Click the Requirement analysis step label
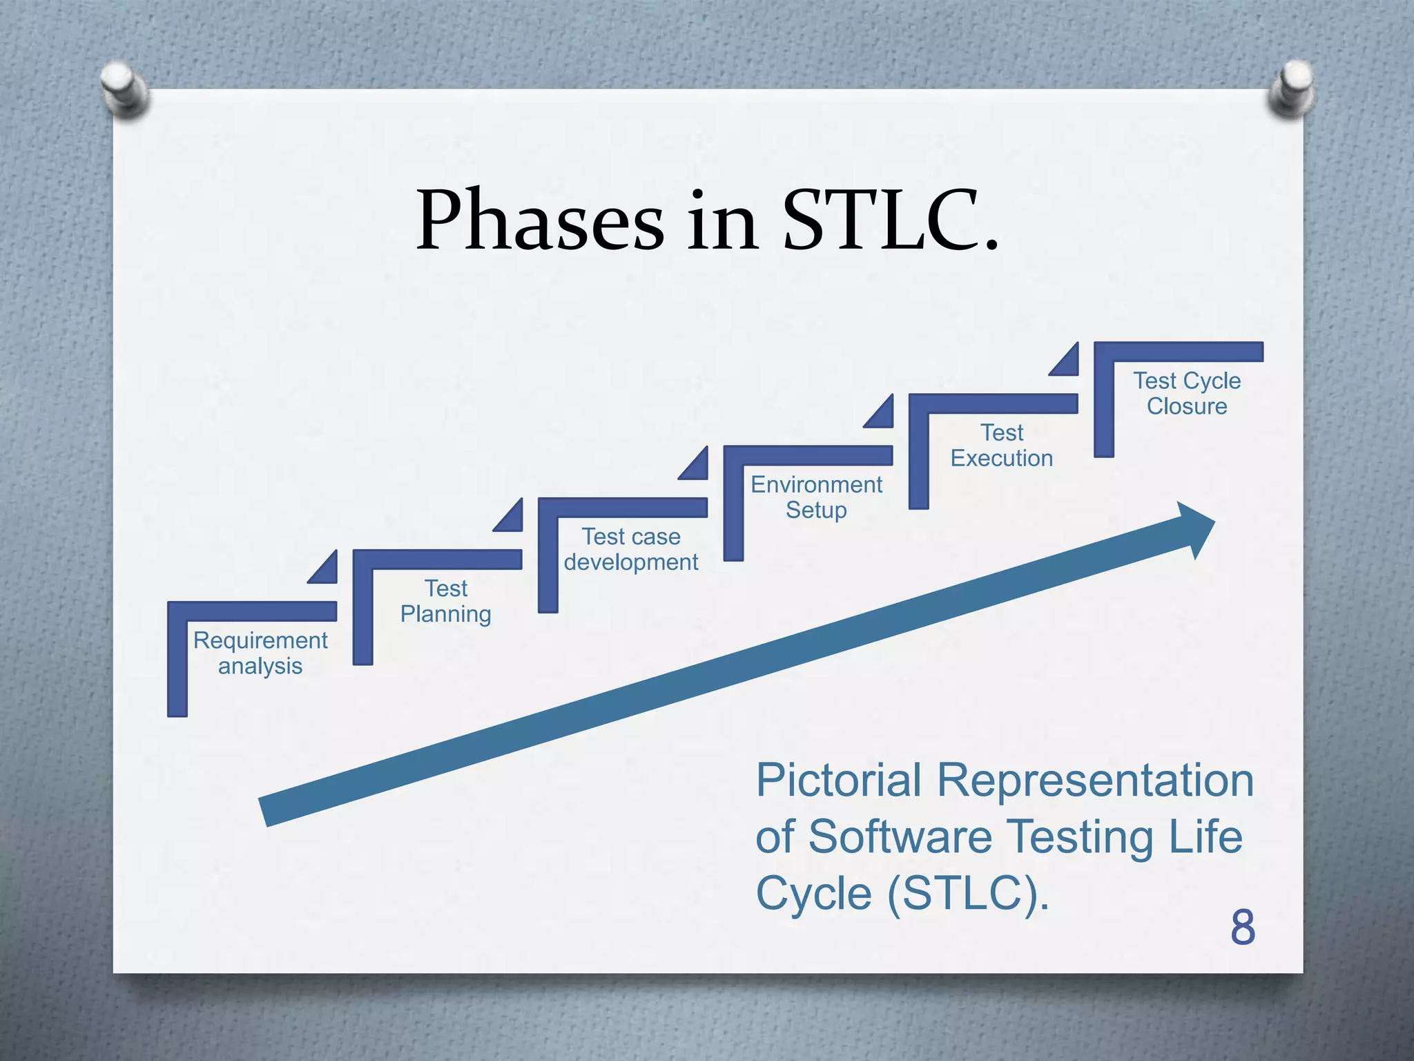click(260, 653)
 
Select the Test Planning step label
click(446, 601)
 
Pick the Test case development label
click(631, 549)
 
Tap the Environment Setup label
click(816, 497)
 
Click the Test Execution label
click(1001, 446)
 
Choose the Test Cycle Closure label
click(1187, 394)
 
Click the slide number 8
click(1242, 928)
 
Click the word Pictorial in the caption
click(838, 781)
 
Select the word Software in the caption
click(900, 837)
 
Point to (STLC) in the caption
click(968, 894)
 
